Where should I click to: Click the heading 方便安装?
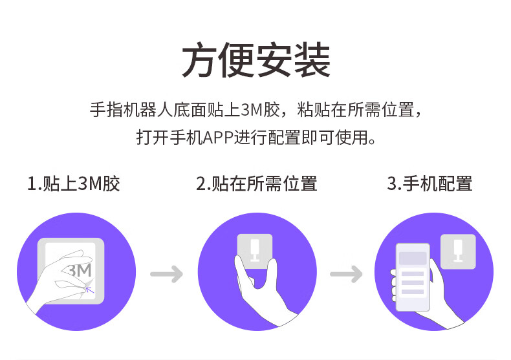[255, 61]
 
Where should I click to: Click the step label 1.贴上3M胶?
[74, 184]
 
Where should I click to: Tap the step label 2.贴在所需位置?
[256, 184]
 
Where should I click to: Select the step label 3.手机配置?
[429, 184]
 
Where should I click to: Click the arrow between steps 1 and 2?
[166, 274]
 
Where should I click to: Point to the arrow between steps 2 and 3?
[346, 274]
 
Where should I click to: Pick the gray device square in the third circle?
[457, 251]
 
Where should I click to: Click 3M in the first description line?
[252, 110]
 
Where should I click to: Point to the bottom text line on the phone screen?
[412, 292]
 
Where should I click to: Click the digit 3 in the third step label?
[391, 184]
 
